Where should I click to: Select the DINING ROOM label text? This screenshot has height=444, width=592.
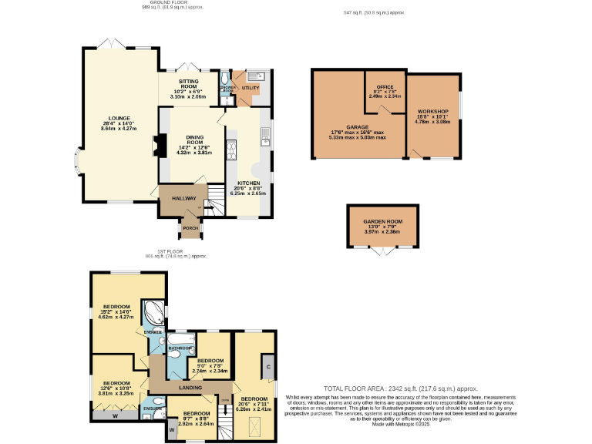tap(193, 139)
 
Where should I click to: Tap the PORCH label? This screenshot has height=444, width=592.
tap(190, 227)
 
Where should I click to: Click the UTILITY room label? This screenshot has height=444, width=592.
tap(251, 88)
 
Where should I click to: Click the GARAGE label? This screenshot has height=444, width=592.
tap(357, 126)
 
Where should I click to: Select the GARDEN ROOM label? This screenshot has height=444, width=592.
tap(383, 221)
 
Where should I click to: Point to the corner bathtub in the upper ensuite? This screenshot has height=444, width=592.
tap(156, 312)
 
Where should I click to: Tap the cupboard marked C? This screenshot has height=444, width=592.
tap(267, 365)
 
